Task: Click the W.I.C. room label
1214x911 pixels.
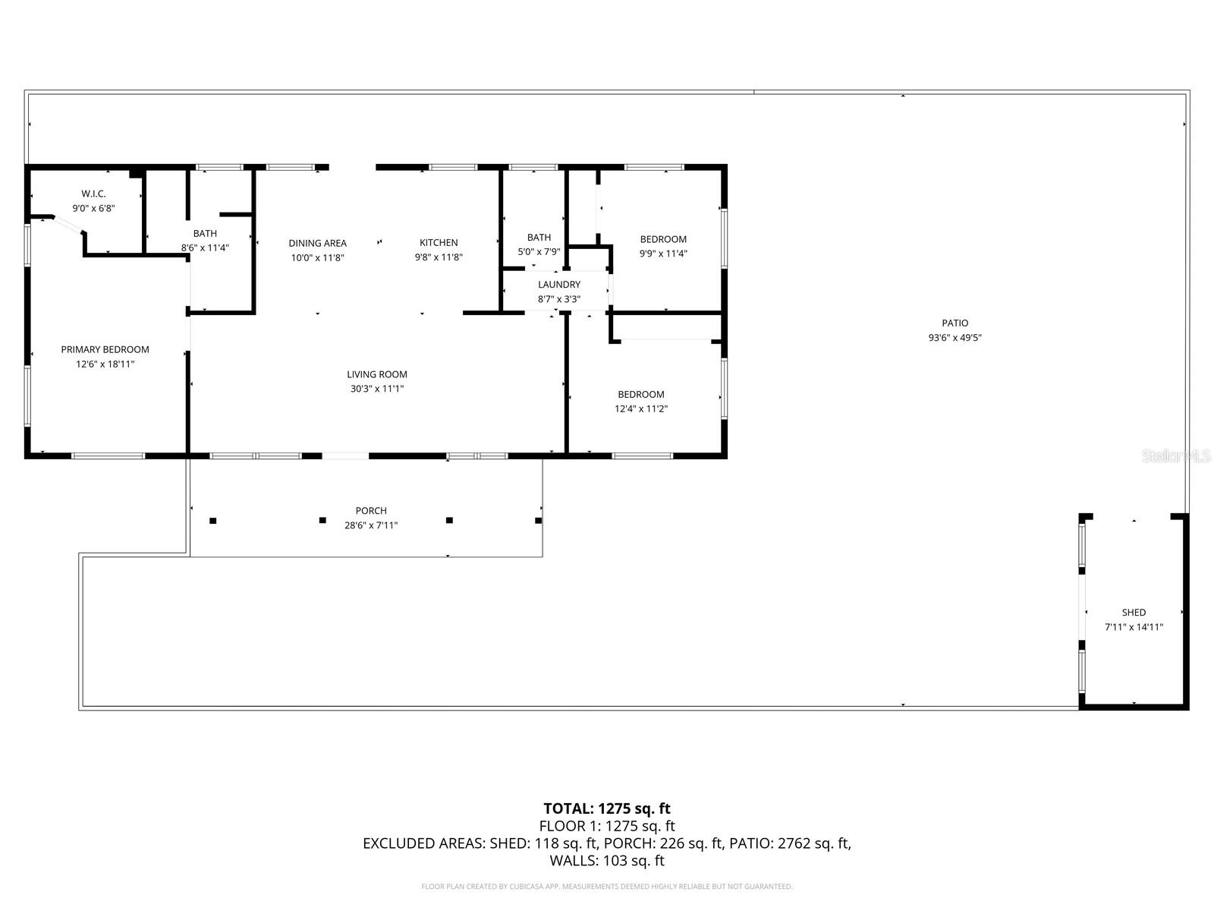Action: pos(93,194)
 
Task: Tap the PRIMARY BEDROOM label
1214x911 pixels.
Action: pos(105,349)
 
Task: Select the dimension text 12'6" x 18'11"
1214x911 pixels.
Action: pos(105,364)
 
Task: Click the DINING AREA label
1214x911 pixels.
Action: pos(317,243)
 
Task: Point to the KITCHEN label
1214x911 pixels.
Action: pos(439,243)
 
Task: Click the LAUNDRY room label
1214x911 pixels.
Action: pos(559,285)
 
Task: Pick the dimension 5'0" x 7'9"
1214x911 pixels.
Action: pos(539,252)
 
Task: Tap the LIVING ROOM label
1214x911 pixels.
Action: pos(377,374)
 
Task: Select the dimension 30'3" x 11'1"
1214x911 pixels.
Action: pos(377,389)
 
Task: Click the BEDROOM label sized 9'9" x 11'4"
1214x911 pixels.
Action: pos(663,239)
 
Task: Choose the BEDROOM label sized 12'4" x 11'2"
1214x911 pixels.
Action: pos(641,394)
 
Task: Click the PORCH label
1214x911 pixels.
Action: pos(371,511)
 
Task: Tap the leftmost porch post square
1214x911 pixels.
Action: pos(213,521)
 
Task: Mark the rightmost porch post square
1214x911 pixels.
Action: pos(539,520)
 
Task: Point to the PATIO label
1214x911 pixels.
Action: pos(955,323)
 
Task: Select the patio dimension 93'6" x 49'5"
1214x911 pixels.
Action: pos(955,338)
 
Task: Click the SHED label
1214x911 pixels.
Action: pos(1134,613)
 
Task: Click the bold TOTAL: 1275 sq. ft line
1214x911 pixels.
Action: pos(607,809)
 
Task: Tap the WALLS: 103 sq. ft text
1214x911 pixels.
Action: pos(607,861)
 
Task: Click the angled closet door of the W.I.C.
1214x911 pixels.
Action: pos(68,226)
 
